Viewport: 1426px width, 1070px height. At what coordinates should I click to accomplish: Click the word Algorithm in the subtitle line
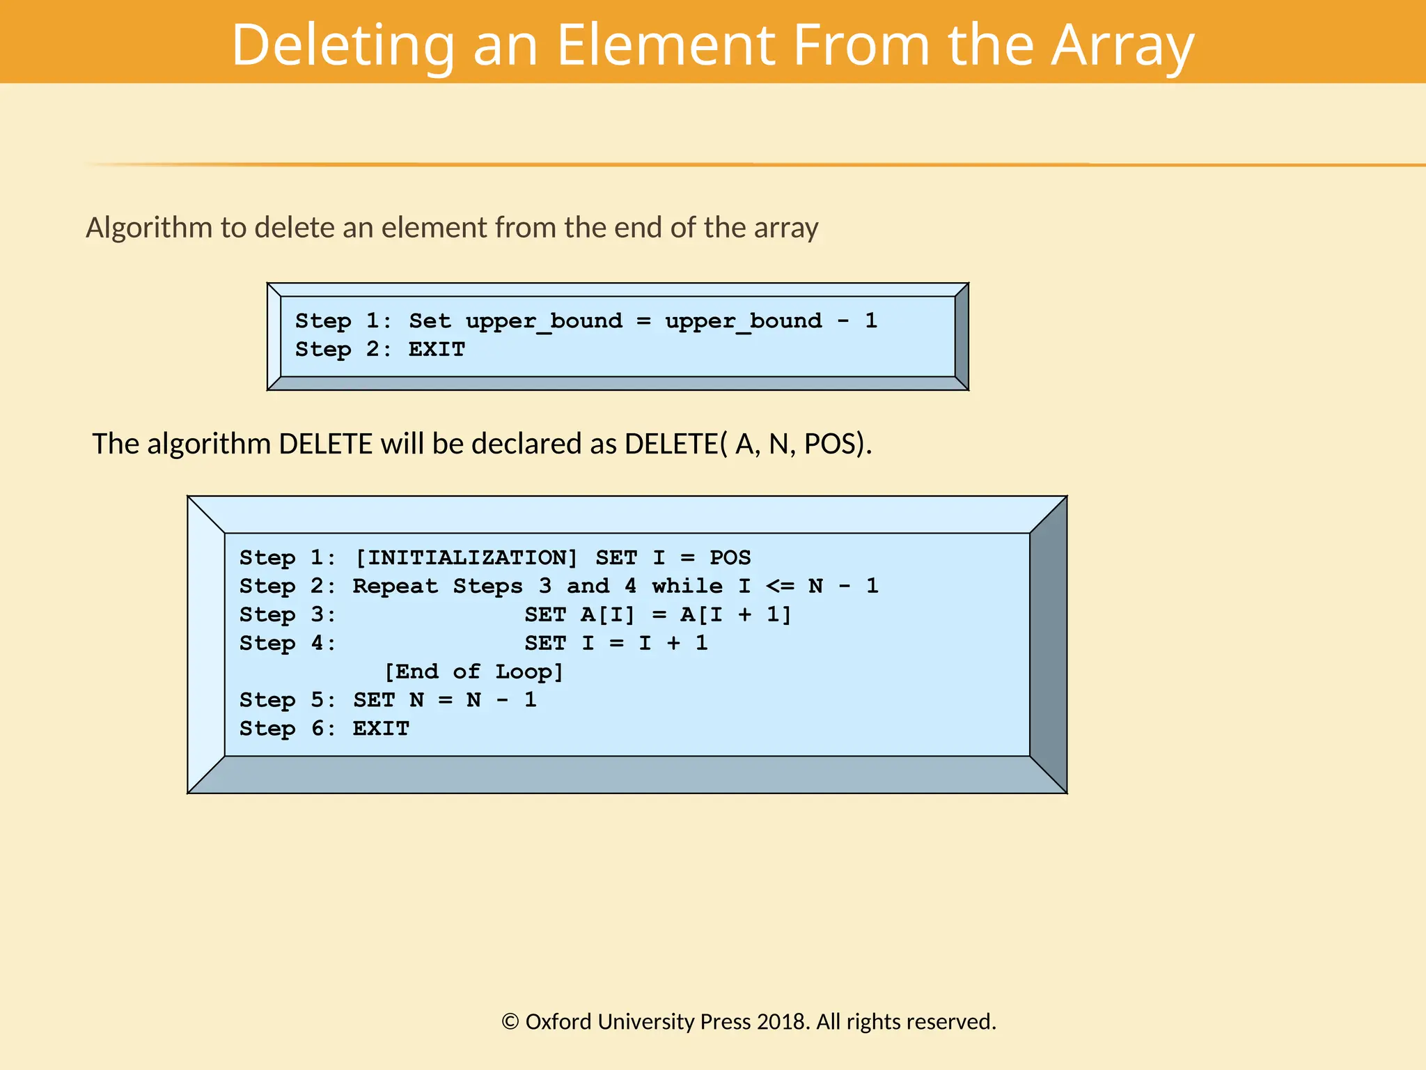(x=149, y=228)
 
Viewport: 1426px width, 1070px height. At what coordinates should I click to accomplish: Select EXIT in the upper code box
(x=437, y=349)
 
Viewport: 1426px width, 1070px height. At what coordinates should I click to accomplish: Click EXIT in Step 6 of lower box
(x=381, y=729)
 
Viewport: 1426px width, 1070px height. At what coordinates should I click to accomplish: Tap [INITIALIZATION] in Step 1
(x=466, y=557)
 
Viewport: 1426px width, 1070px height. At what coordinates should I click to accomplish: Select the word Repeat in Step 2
(x=395, y=586)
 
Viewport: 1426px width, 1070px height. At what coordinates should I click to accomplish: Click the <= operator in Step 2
(x=780, y=586)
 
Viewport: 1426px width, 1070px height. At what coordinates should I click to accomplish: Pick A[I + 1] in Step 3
(x=736, y=614)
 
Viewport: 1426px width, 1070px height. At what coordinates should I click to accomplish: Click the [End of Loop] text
(x=473, y=672)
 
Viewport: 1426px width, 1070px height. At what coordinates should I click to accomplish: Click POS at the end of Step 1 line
(x=730, y=557)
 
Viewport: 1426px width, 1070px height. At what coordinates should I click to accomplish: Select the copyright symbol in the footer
(x=510, y=1022)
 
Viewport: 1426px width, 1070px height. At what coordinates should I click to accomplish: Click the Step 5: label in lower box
(x=288, y=700)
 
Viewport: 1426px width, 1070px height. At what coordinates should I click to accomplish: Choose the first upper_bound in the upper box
(x=544, y=320)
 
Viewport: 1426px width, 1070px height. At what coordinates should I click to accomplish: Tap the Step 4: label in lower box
(x=288, y=643)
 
